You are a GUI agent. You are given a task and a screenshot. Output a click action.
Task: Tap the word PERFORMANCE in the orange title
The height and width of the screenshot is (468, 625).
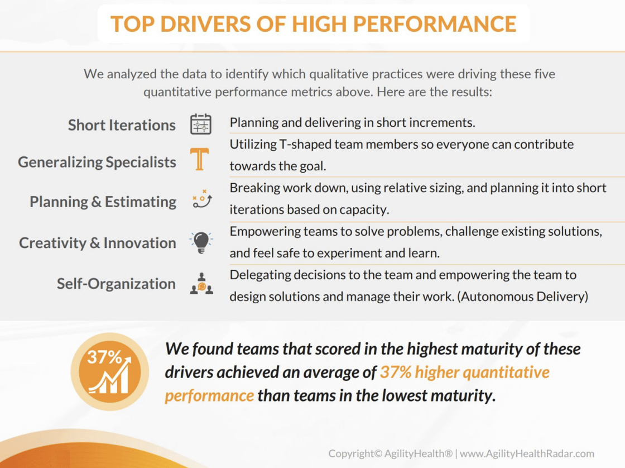click(x=435, y=24)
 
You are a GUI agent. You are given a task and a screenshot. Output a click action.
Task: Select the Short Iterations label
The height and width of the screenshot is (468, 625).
click(x=122, y=125)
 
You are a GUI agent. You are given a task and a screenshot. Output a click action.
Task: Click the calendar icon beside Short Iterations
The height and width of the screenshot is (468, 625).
click(x=201, y=124)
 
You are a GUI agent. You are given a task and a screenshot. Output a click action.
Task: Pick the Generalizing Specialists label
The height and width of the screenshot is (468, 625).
click(x=97, y=163)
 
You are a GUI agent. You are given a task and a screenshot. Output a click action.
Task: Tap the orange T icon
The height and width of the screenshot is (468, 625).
click(x=200, y=159)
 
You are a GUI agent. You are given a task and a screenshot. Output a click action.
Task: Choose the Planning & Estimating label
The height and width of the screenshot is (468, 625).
click(x=103, y=202)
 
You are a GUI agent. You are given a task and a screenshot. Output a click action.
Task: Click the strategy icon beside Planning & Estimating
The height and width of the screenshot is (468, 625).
click(x=201, y=199)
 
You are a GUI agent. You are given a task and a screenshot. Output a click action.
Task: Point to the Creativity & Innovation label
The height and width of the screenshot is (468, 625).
click(x=98, y=243)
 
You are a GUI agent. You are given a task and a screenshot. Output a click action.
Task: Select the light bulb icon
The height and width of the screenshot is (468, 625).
click(x=201, y=242)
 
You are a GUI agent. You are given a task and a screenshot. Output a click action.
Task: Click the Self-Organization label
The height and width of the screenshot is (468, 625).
click(x=116, y=284)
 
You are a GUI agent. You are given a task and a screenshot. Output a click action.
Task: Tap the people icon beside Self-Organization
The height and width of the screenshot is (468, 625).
click(x=201, y=284)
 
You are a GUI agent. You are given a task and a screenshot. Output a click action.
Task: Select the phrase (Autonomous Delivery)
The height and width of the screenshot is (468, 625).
click(x=522, y=297)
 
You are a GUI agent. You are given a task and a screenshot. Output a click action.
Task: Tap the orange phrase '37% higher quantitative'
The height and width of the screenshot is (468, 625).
click(x=465, y=372)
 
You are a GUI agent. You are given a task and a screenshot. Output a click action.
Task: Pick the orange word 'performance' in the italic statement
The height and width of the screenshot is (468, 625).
click(x=209, y=395)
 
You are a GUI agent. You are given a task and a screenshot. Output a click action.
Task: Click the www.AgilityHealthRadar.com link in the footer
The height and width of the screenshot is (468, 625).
click(x=527, y=453)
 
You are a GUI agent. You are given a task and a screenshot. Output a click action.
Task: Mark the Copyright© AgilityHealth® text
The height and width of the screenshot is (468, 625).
click(x=391, y=453)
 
